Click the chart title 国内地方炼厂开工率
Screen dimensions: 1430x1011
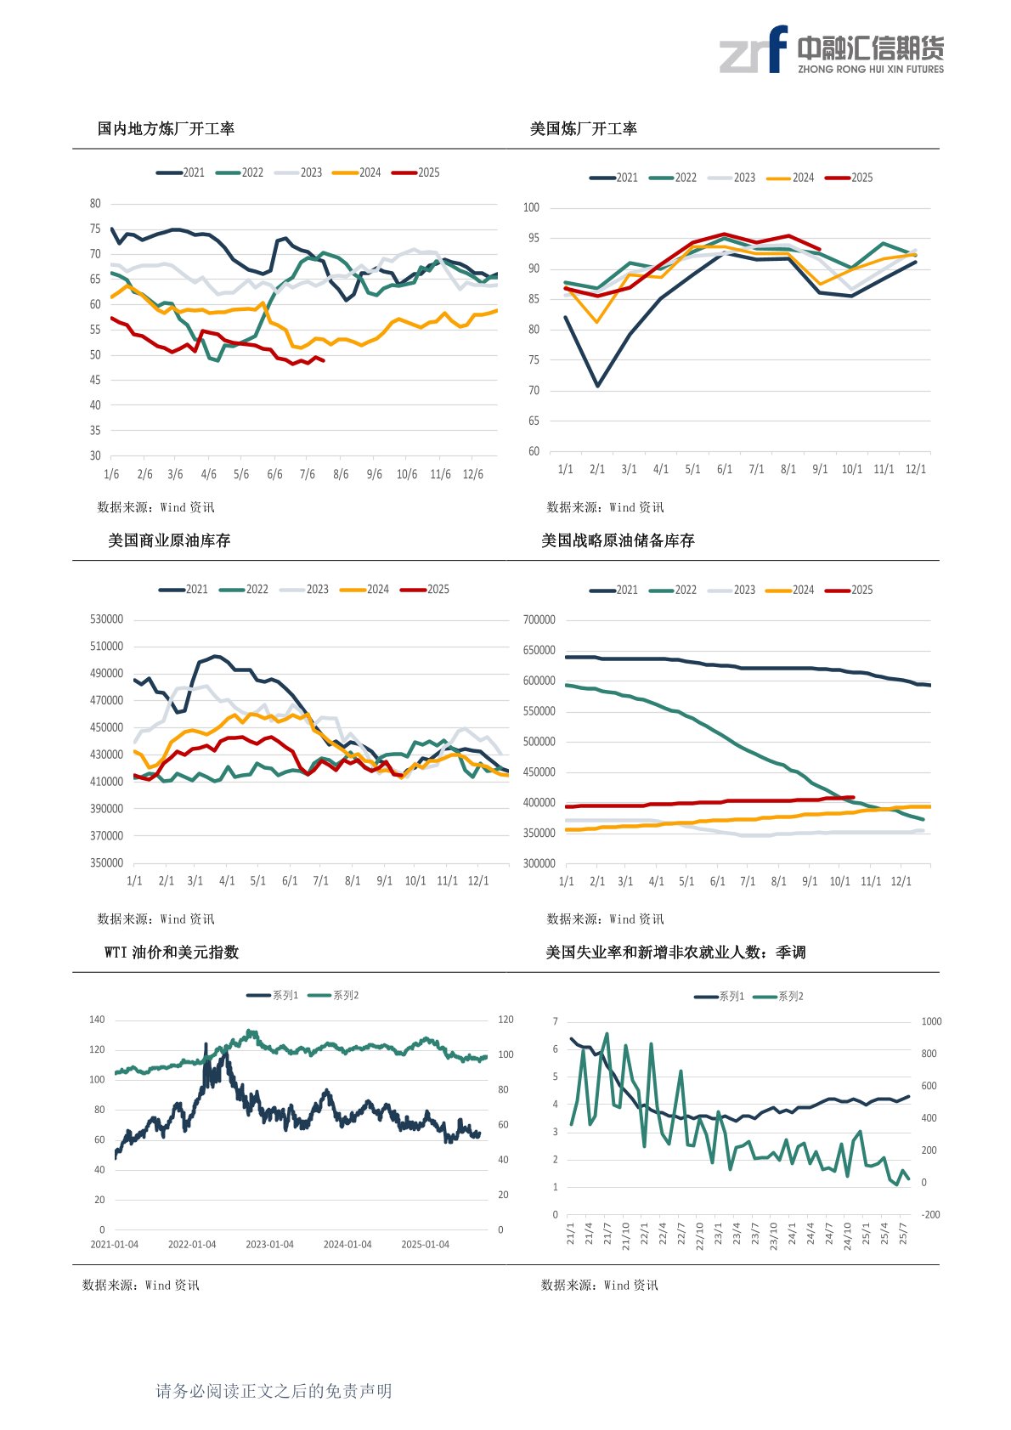point(166,129)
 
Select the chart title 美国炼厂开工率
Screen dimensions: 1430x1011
point(583,129)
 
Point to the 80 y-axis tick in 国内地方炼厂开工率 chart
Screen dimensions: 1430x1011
point(95,204)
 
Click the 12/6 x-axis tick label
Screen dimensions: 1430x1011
point(472,474)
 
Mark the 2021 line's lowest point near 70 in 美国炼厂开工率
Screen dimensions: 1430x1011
point(598,386)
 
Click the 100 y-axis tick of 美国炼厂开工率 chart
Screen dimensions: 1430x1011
point(531,207)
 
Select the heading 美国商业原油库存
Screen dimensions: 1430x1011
point(169,541)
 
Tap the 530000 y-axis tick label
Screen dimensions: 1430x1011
point(106,619)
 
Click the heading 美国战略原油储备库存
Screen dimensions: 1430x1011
point(618,541)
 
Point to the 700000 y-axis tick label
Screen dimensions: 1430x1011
point(539,620)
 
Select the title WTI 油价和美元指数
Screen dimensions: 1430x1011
point(172,952)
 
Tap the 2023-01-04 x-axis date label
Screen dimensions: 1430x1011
point(269,1245)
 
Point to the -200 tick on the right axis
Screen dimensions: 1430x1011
point(931,1215)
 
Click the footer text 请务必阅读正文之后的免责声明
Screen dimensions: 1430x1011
point(274,1391)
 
